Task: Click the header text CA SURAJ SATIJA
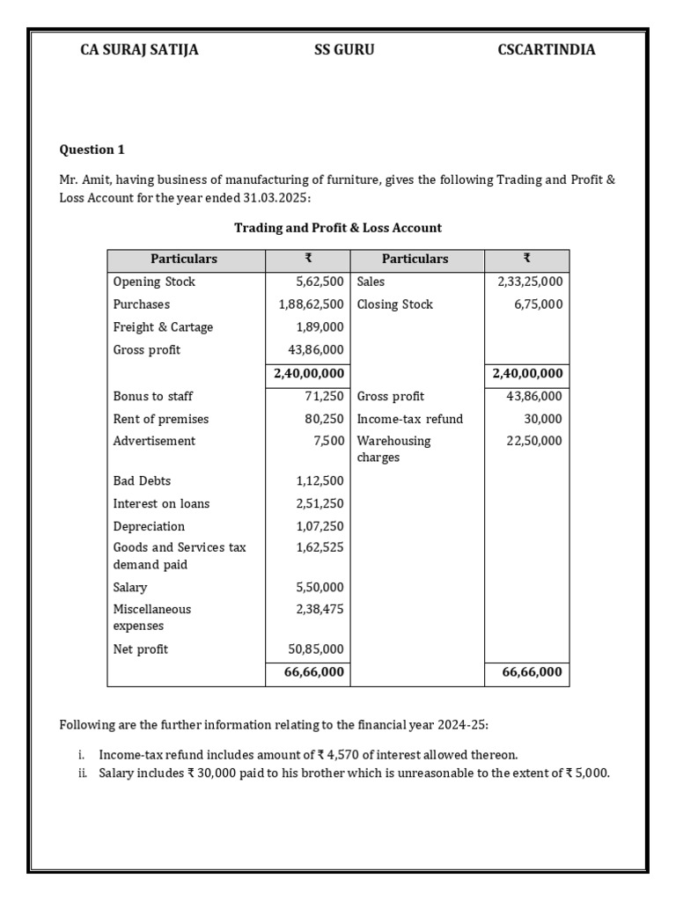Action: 139,50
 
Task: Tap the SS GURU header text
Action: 344,50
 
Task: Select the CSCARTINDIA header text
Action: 546,50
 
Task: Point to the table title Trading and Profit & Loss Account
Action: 338,228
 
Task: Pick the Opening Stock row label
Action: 154,282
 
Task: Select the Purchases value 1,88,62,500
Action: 307,304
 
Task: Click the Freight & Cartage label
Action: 163,327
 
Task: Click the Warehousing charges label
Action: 393,449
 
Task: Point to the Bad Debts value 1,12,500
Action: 320,481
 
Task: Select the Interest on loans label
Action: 161,504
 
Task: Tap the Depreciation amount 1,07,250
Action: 320,527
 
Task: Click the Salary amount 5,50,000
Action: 320,588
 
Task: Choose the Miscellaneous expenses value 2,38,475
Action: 320,609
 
